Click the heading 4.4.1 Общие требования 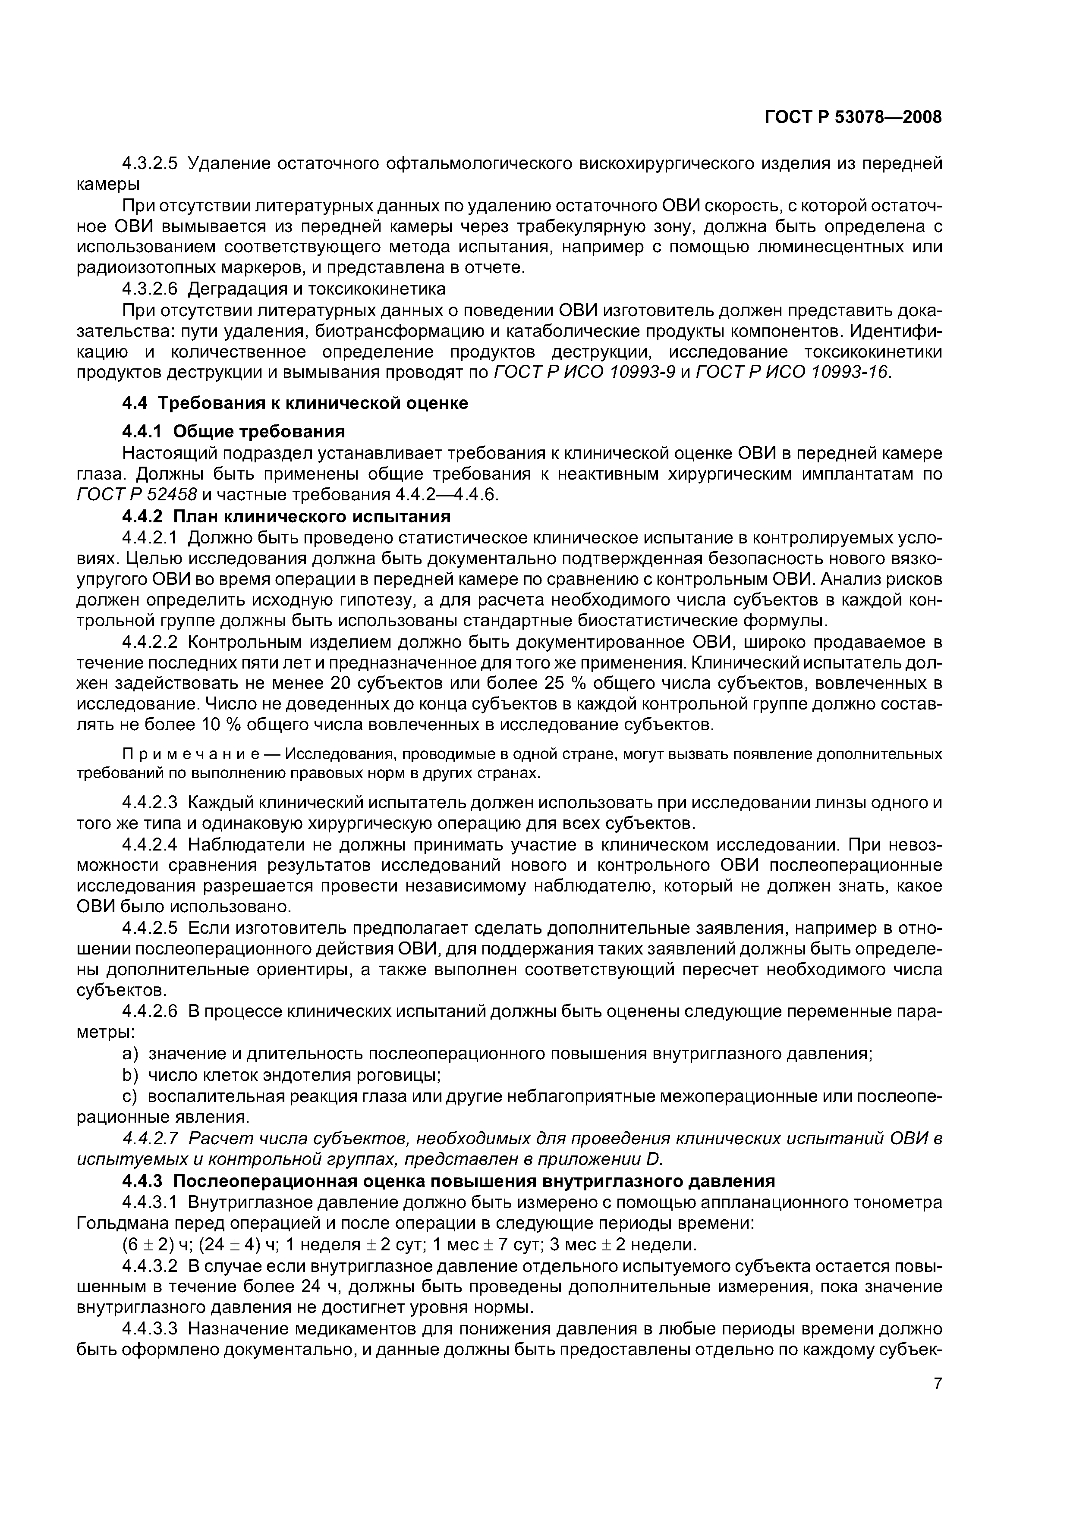[234, 432]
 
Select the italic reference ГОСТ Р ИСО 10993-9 [584, 372]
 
